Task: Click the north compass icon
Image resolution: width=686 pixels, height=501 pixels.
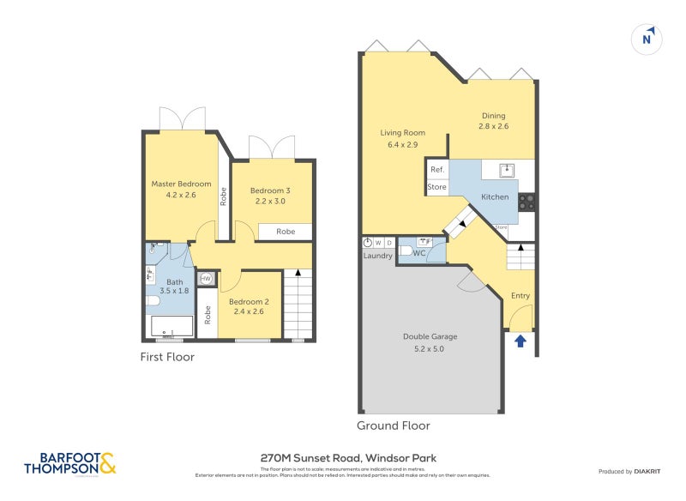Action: click(648, 39)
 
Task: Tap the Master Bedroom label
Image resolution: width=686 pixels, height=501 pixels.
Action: click(181, 189)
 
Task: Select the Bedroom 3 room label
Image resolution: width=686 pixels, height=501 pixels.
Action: click(269, 196)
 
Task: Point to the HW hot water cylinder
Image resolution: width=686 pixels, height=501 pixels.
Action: click(206, 279)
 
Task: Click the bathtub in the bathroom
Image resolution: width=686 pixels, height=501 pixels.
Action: click(173, 327)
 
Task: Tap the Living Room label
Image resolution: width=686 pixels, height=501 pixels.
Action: click(402, 138)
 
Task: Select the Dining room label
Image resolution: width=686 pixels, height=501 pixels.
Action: click(493, 120)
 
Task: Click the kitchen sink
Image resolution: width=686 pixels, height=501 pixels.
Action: click(507, 169)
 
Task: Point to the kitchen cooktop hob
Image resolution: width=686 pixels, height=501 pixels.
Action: click(527, 202)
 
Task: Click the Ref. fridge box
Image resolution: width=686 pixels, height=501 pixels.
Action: click(437, 170)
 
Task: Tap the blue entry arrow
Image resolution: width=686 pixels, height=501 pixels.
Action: click(520, 342)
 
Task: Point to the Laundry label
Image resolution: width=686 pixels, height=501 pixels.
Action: click(377, 256)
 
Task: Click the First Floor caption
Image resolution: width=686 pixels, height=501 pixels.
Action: click(167, 357)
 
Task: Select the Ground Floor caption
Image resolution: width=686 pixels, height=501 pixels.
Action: click(393, 426)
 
